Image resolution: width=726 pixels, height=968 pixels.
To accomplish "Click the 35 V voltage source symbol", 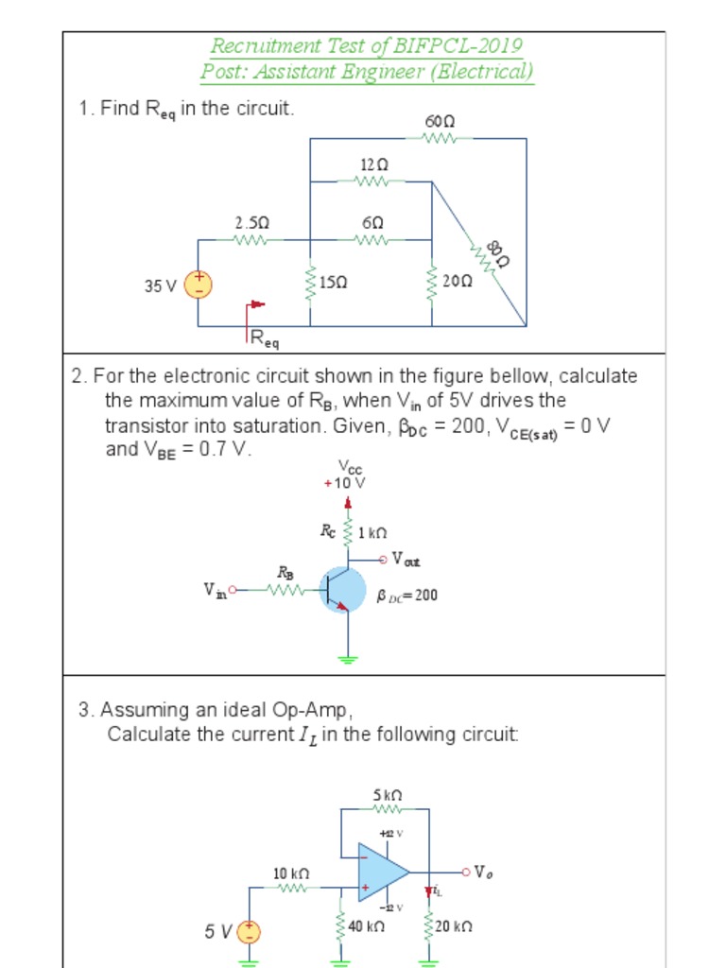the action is pos(198,284).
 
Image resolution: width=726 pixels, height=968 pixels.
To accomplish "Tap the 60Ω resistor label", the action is pos(440,122).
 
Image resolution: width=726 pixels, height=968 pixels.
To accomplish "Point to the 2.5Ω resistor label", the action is pos(252,223).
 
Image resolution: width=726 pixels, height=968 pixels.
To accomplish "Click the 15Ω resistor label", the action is pos(334,282).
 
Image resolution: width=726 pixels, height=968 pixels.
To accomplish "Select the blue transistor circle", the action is pos(342,590).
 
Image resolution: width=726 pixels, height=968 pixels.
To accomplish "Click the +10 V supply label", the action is pos(345,482).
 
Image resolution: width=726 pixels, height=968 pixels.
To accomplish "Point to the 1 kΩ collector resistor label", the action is pos(374,533).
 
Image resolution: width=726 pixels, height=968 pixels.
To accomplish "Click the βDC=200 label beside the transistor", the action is pos(406,596).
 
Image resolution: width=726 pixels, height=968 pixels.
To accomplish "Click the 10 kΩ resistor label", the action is pos(291,873).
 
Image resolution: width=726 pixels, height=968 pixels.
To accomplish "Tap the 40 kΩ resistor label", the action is pos(366,927).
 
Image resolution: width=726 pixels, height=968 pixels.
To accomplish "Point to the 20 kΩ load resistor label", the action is pos(454,927).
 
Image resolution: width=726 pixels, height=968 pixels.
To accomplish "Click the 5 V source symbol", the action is pos(249,933).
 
